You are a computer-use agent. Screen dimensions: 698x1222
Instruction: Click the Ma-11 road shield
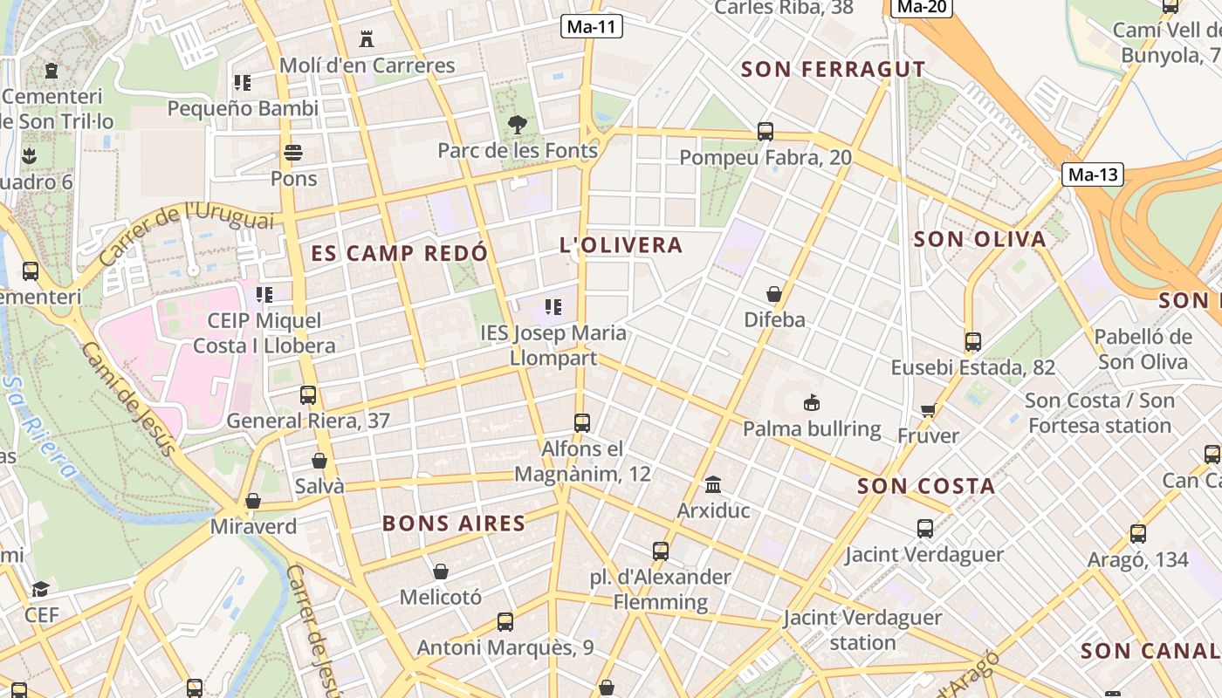tap(591, 26)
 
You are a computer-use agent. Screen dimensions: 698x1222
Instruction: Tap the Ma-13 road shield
tap(1093, 174)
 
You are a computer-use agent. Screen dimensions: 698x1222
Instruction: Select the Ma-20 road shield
tap(922, 7)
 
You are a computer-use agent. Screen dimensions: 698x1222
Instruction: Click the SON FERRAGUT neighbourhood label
tap(833, 69)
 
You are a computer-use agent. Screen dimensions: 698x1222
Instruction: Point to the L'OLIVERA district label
tap(621, 245)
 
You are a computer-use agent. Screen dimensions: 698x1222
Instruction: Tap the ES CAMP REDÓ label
tap(400, 254)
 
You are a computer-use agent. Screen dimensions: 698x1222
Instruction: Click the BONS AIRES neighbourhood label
tap(454, 523)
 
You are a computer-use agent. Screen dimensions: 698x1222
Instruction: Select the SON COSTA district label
tap(926, 486)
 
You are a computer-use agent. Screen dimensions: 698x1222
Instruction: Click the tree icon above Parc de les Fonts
tap(518, 125)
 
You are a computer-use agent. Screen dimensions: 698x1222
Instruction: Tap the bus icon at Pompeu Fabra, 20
tap(765, 132)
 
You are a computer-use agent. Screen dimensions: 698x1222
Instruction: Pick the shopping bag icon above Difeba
tap(774, 294)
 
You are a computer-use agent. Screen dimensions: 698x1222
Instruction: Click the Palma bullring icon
tap(812, 403)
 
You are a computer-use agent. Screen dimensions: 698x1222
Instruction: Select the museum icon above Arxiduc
tap(713, 484)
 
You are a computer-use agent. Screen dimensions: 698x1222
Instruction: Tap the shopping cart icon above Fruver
tap(928, 410)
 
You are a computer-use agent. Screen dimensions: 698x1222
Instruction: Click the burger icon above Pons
tap(293, 153)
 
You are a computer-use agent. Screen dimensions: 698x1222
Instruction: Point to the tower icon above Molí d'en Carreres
tap(367, 39)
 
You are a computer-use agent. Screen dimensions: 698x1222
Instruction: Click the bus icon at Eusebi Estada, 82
tap(973, 342)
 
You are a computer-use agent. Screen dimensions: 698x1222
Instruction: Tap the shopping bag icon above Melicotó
tap(441, 571)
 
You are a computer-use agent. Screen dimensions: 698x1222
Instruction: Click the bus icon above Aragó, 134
tap(1138, 533)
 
